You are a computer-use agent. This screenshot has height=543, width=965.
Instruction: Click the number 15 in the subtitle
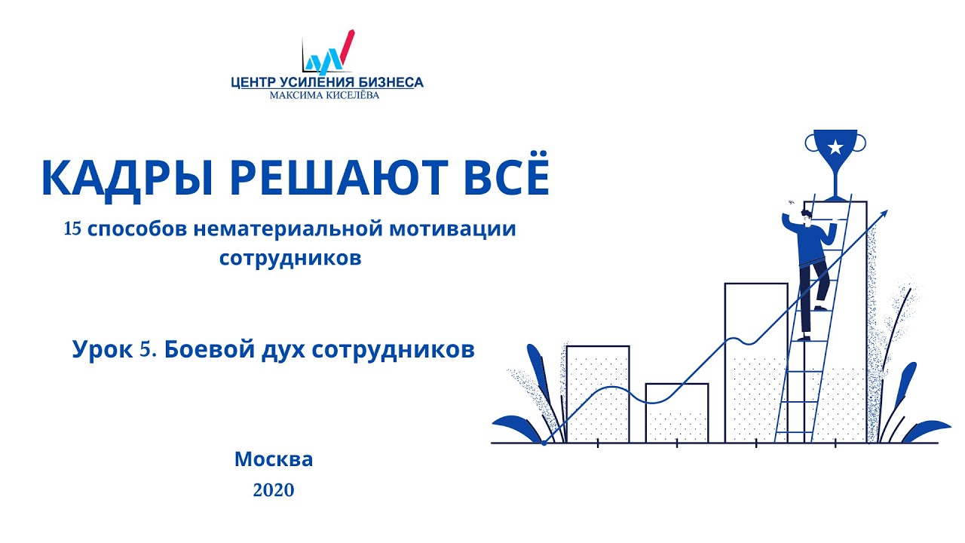[74, 229]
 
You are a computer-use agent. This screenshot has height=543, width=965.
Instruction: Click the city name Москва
[273, 459]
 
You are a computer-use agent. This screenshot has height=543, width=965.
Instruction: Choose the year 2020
[273, 490]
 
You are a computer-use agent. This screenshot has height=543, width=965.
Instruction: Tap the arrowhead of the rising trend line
[884, 213]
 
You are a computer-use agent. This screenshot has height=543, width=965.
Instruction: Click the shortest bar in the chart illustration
[676, 412]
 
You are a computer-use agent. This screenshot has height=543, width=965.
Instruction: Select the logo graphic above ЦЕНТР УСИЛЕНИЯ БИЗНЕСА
[327, 52]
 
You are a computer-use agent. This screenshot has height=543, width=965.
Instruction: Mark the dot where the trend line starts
[544, 443]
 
